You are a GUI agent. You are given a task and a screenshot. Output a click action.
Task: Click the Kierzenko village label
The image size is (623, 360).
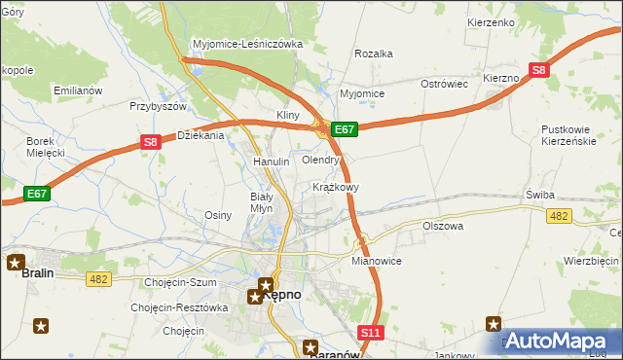pyautogui.click(x=491, y=21)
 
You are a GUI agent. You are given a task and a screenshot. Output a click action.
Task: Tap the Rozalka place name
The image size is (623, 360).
pyautogui.click(x=374, y=54)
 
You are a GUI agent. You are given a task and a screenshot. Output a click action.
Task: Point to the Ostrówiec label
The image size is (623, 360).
pyautogui.click(x=445, y=85)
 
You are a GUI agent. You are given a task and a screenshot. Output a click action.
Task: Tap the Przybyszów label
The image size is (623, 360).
pyautogui.click(x=158, y=107)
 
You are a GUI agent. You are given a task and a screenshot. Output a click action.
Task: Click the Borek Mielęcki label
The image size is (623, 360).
pyautogui.click(x=45, y=147)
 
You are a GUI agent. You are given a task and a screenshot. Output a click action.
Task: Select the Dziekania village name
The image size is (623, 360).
pyautogui.click(x=201, y=136)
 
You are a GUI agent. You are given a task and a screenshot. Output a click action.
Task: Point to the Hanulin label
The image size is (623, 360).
pyautogui.click(x=272, y=162)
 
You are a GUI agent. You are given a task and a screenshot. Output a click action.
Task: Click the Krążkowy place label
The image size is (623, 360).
pyautogui.click(x=336, y=186)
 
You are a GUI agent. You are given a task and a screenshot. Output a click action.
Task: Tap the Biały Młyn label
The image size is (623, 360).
pyautogui.click(x=255, y=201)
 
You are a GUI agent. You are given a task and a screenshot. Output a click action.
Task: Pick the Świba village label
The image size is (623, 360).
pyautogui.click(x=539, y=194)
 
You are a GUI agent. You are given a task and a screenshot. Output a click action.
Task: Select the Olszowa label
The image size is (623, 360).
pyautogui.click(x=443, y=226)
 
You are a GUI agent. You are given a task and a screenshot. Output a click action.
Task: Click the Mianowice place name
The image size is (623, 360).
pyautogui.click(x=377, y=262)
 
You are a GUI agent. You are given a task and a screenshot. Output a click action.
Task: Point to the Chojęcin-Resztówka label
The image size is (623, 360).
pyautogui.click(x=179, y=307)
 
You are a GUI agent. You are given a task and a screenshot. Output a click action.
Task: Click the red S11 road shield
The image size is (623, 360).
pyautogui.click(x=370, y=333)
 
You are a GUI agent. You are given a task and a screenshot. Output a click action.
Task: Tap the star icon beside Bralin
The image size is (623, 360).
pyautogui.click(x=16, y=262)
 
